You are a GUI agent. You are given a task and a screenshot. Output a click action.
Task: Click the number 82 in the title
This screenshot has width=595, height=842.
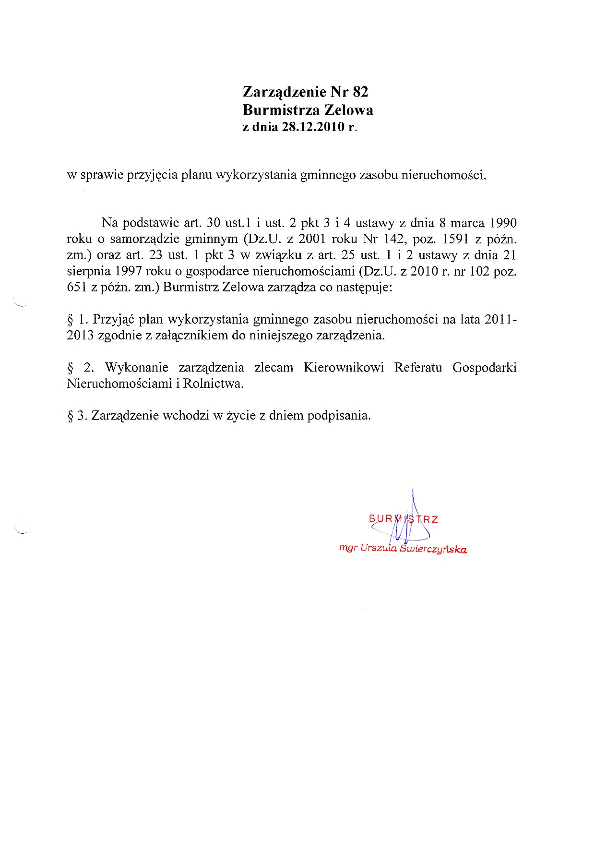coord(360,92)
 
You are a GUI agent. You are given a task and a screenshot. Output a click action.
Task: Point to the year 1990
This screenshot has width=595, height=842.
coord(503,223)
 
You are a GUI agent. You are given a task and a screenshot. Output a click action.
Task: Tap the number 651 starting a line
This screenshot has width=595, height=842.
coord(76,288)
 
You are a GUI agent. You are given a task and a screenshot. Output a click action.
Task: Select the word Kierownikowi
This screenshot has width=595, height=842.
coord(344,367)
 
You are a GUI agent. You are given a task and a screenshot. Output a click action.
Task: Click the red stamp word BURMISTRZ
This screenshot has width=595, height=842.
coord(403,519)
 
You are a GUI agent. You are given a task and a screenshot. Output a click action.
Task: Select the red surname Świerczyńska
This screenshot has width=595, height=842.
coord(434,549)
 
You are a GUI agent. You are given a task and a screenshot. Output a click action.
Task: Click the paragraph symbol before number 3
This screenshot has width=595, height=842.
coord(70,416)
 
